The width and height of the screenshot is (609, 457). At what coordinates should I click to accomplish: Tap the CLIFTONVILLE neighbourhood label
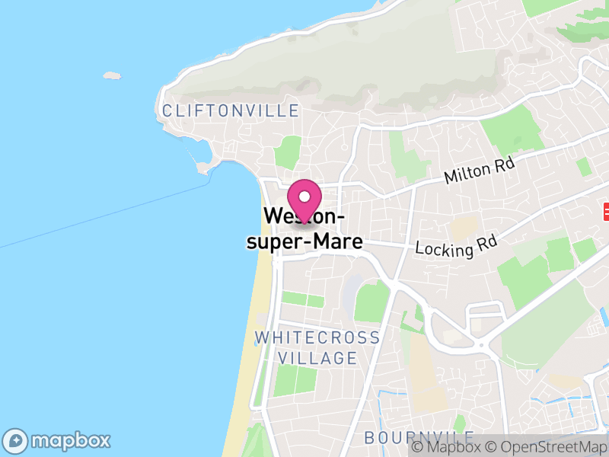[231, 111]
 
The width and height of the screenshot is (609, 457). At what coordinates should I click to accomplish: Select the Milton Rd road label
[480, 171]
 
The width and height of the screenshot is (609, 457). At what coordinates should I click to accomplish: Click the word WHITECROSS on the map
[317, 337]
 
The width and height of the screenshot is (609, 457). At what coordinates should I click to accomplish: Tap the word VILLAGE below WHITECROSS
[317, 357]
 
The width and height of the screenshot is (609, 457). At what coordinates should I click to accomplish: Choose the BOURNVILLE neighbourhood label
[419, 438]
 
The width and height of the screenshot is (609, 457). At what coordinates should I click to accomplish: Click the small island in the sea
[112, 75]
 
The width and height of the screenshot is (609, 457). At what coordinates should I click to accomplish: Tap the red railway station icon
[607, 209]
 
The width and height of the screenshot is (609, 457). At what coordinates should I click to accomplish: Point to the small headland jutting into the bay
[204, 166]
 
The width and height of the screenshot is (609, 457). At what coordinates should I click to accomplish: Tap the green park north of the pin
[288, 152]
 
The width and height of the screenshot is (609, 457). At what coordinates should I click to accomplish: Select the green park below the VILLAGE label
[295, 379]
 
